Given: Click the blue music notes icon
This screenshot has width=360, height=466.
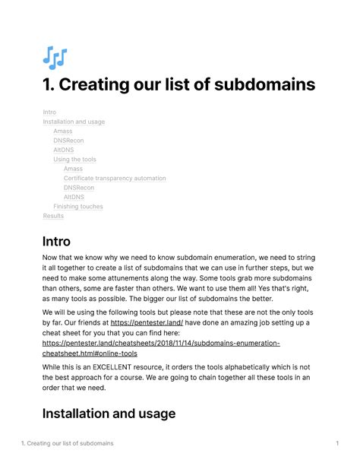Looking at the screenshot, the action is tap(55, 57).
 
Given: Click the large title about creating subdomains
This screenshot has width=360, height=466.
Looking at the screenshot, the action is tap(178, 84).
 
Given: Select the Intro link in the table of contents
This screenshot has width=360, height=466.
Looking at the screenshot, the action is tap(49, 113).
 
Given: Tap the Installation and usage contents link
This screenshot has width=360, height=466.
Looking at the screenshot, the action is tap(74, 122).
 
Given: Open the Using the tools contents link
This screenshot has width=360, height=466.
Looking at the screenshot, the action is tap(74, 160).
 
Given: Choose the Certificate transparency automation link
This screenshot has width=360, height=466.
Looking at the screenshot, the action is tap(115, 179).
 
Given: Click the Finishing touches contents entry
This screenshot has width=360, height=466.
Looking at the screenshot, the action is tap(77, 207).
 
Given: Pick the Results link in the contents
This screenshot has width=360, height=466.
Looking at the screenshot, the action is tap(53, 216).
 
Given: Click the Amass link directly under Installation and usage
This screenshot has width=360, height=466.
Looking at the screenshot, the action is tap(62, 132).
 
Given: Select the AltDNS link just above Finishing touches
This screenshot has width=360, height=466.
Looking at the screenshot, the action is tap(74, 197).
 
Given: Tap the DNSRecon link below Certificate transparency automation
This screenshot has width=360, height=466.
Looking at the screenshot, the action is tap(79, 188).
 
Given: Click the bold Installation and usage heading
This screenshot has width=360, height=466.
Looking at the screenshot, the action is tap(109, 414).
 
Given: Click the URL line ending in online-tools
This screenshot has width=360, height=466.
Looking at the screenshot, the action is tap(90, 353).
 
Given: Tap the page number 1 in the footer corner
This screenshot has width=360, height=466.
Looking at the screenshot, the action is tap(336, 443).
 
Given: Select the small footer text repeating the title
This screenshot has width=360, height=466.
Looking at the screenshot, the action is tap(68, 443).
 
